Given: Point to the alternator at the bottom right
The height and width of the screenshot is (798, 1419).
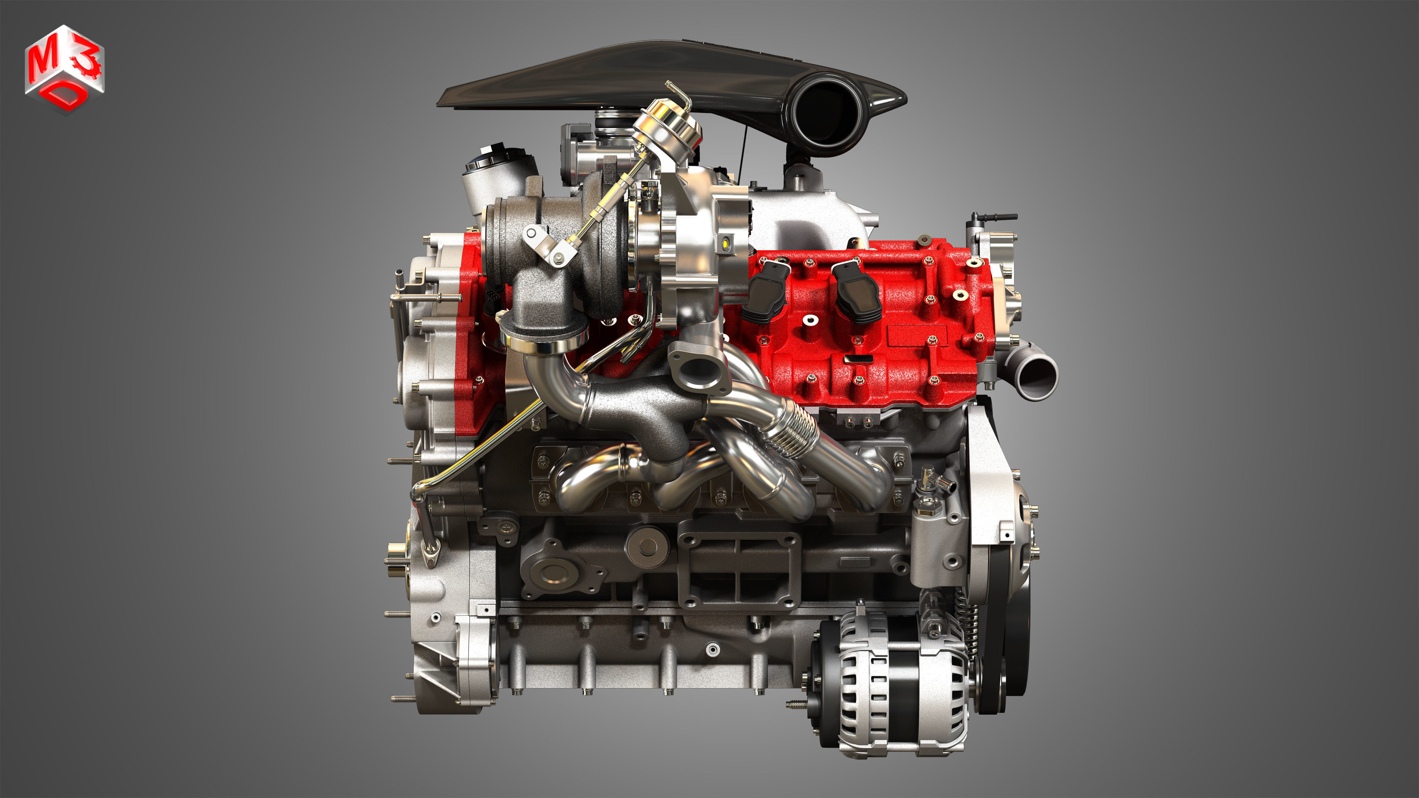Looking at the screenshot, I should (893, 683).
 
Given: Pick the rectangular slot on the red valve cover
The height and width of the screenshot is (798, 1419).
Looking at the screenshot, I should (859, 358).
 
